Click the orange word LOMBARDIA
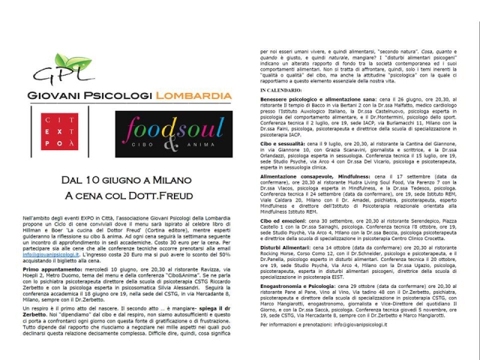(x=193, y=97)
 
